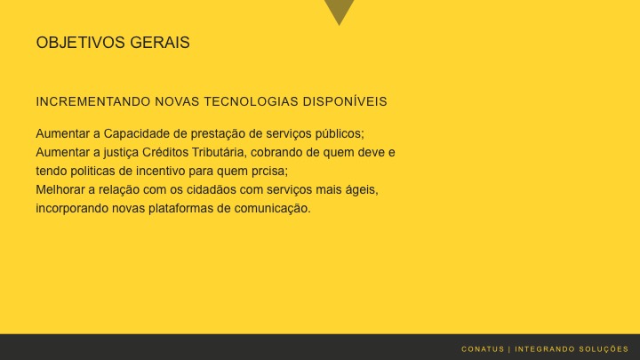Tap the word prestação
207,133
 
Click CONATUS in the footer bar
483,348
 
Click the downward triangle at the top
339,10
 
